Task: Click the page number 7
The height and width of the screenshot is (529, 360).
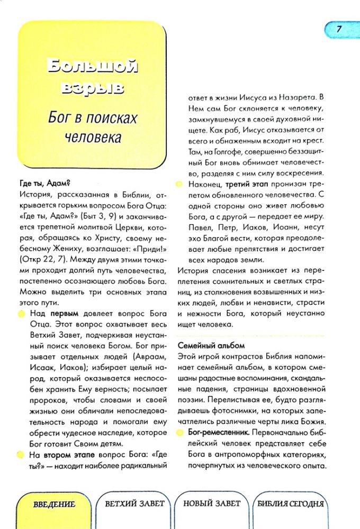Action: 338,29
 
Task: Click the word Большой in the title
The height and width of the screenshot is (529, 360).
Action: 92,67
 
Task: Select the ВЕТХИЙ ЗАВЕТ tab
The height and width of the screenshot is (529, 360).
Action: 134,503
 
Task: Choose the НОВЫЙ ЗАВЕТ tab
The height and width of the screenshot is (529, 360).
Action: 212,503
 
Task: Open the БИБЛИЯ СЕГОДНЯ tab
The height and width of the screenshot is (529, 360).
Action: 290,504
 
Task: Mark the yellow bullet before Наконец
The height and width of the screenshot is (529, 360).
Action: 180,184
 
